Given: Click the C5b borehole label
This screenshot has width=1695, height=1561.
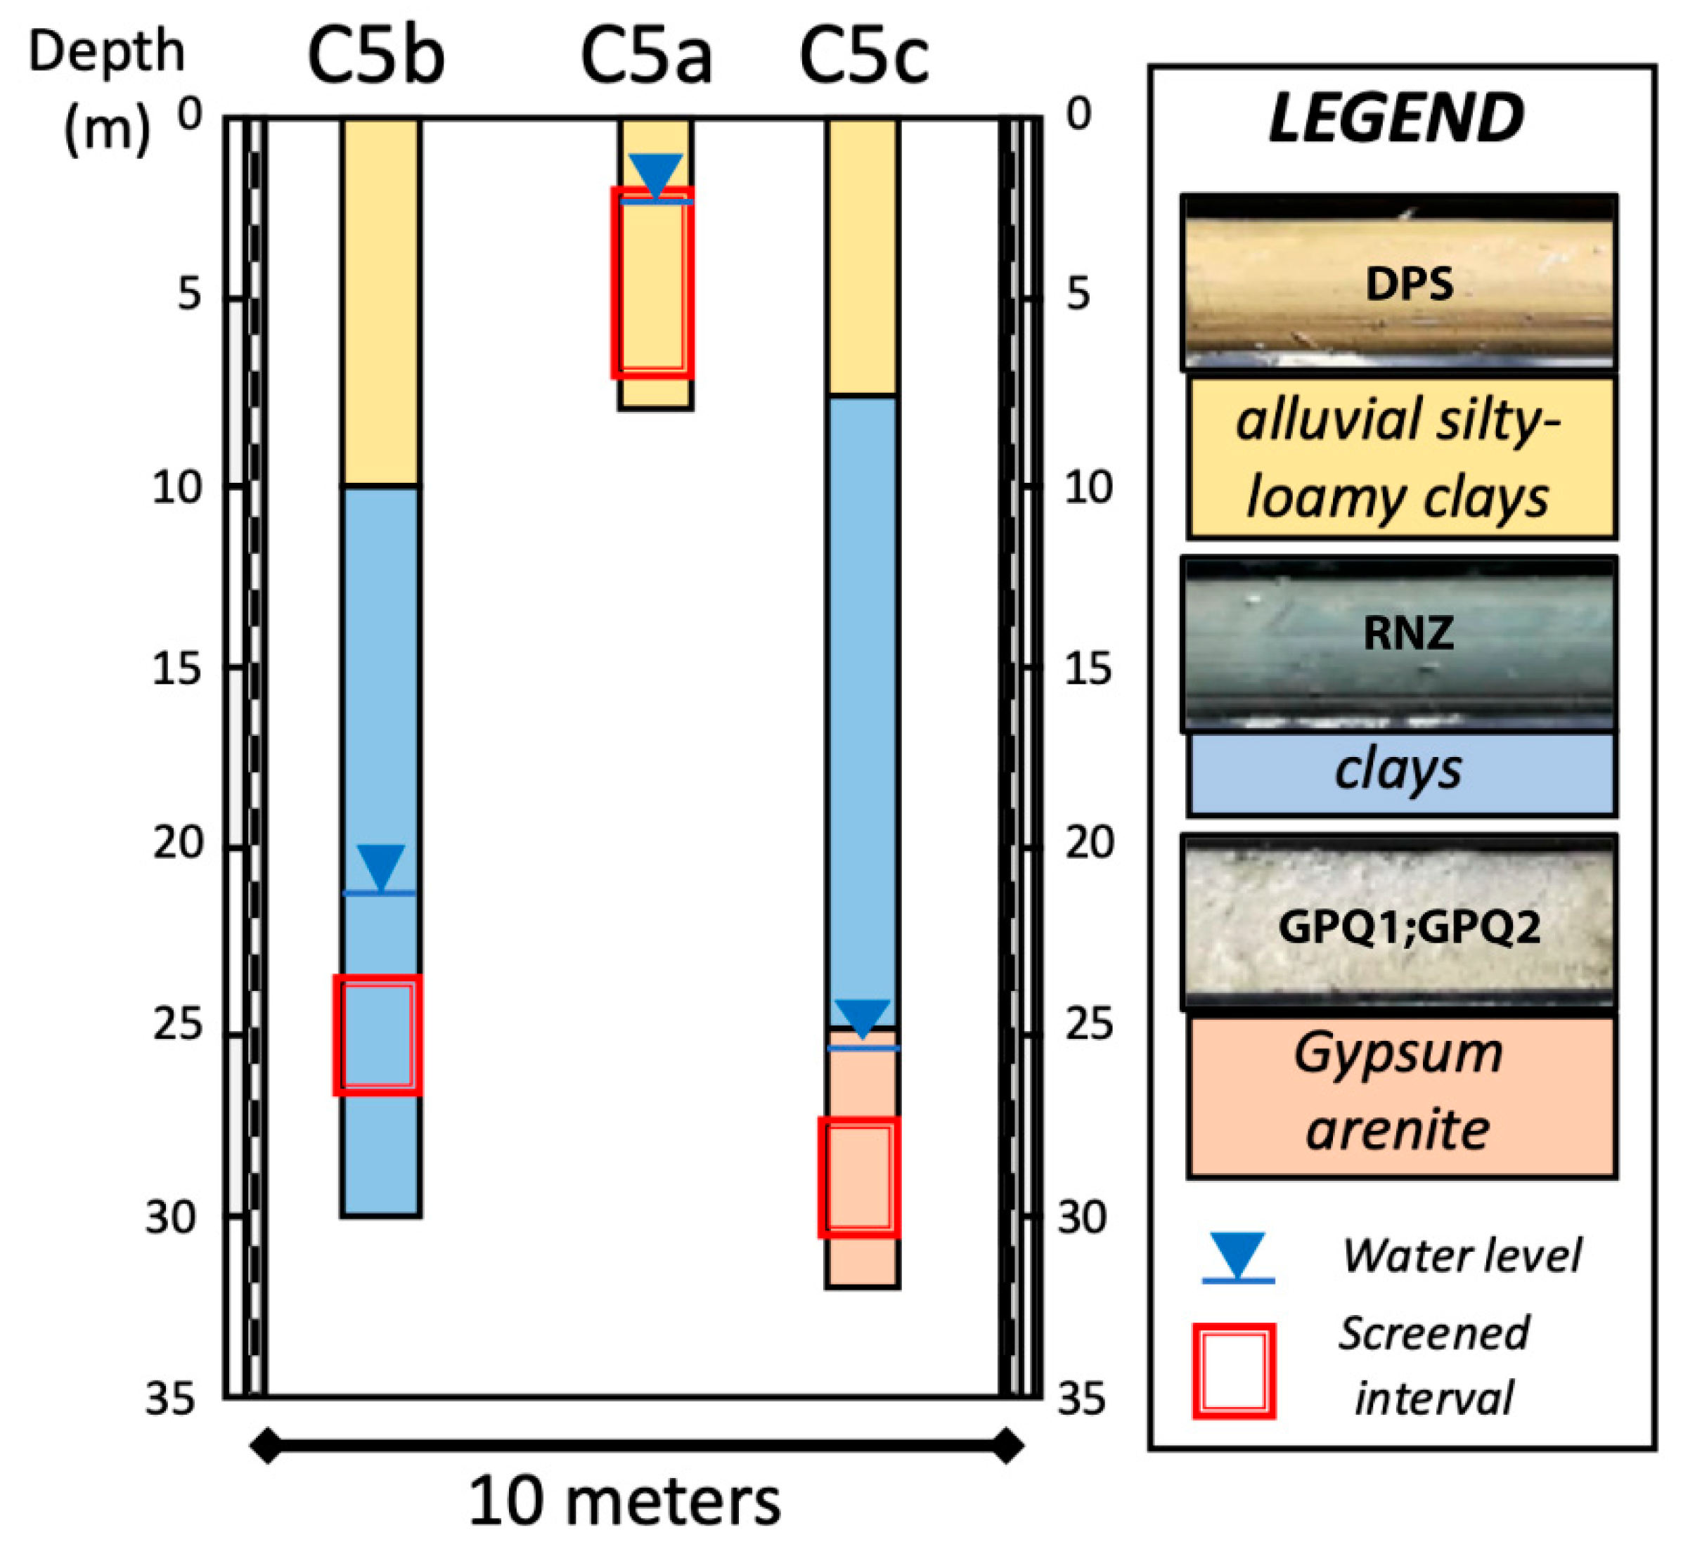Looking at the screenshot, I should pos(376,57).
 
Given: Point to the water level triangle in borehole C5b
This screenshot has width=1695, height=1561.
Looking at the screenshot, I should pos(381,865).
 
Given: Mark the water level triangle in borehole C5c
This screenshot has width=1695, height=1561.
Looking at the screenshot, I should pos(863,1017).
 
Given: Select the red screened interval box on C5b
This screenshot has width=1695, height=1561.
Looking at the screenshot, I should pos(378,1035).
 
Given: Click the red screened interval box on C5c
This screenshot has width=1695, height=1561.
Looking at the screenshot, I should pos(859,1177).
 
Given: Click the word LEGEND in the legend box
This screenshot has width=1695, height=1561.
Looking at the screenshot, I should pos(1396,118).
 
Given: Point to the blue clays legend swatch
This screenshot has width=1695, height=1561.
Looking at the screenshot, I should pos(1401,773).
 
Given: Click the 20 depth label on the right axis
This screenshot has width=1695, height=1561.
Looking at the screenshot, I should pos(1089,843).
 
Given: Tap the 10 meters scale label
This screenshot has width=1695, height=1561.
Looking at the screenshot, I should pos(624,1501).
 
